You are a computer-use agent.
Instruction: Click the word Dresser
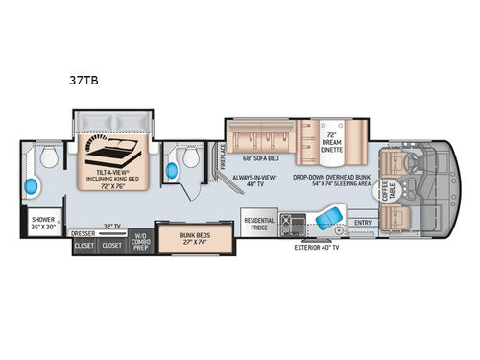pos(84,232)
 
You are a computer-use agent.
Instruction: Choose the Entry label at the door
pos(362,224)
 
